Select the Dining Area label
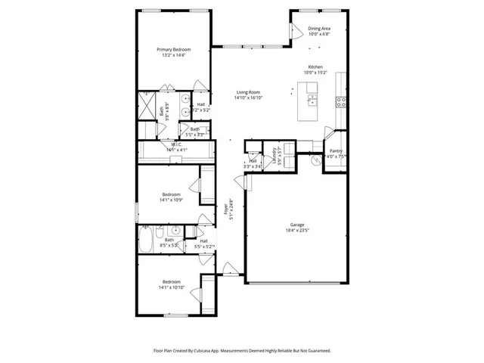pyautogui.click(x=318, y=29)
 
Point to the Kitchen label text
pyautogui.click(x=315, y=67)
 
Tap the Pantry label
pyautogui.click(x=336, y=151)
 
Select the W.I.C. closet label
pyautogui.click(x=176, y=144)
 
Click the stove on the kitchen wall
pyautogui.click(x=341, y=101)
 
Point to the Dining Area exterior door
pyautogui.click(x=295, y=30)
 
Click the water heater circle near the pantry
pyautogui.click(x=316, y=160)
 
